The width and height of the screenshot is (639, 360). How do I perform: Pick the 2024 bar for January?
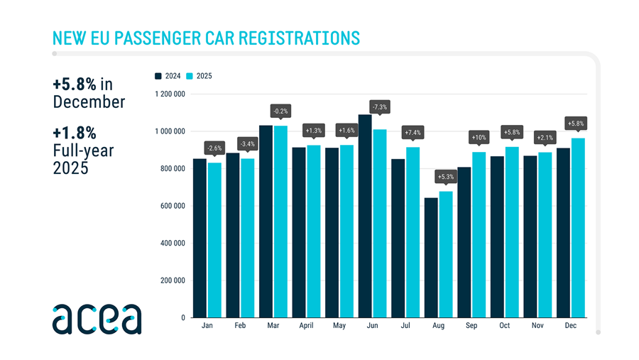pos(200,238)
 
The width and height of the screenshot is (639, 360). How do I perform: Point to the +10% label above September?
pos(479,137)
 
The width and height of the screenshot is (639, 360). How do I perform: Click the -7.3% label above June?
pos(380,108)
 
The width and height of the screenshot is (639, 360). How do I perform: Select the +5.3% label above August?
pos(446,176)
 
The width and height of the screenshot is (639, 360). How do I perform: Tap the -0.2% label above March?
pos(280,111)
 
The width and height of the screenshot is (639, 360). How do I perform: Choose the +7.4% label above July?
pos(413,132)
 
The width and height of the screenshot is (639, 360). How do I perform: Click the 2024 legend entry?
pos(168,76)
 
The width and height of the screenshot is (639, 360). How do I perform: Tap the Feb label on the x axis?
pos(240,325)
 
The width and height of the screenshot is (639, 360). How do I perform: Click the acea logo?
pos(97,319)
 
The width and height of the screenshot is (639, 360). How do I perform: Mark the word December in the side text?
pos(89,102)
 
